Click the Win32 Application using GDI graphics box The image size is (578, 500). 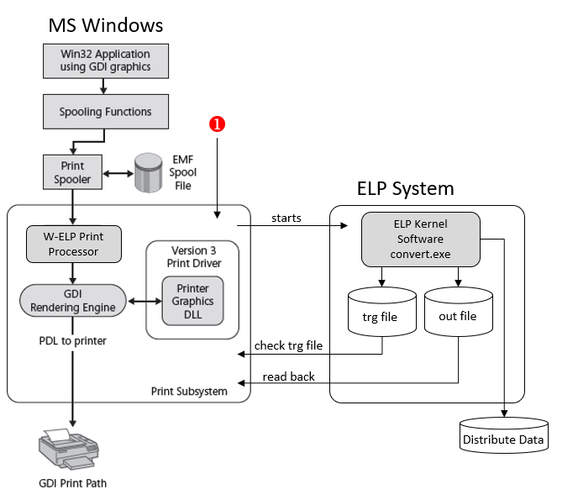104,60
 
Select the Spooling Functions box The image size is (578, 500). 104,111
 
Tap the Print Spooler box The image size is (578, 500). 71,171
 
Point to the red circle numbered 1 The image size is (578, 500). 217,124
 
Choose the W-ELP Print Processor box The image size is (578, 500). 73,244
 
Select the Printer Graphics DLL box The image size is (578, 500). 193,301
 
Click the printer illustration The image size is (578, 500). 72,453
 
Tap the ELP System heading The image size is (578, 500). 405,188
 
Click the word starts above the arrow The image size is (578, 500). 286,218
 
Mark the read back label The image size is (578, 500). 288,376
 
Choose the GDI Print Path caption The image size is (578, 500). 73,483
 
